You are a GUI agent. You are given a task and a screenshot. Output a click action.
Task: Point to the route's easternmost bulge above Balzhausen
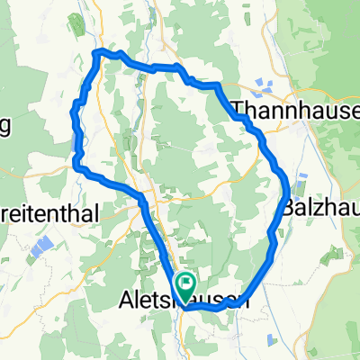pyautogui.click(x=287, y=184)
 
